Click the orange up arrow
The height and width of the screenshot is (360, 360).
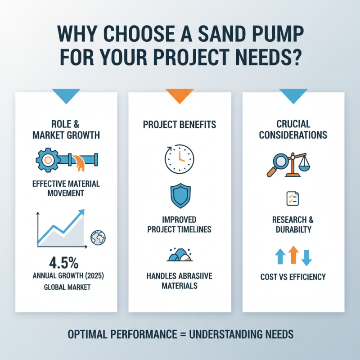point(293,255)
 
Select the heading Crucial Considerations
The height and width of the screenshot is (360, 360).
point(293,129)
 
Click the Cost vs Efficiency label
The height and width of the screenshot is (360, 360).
point(293,277)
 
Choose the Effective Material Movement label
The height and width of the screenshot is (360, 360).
point(67,189)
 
